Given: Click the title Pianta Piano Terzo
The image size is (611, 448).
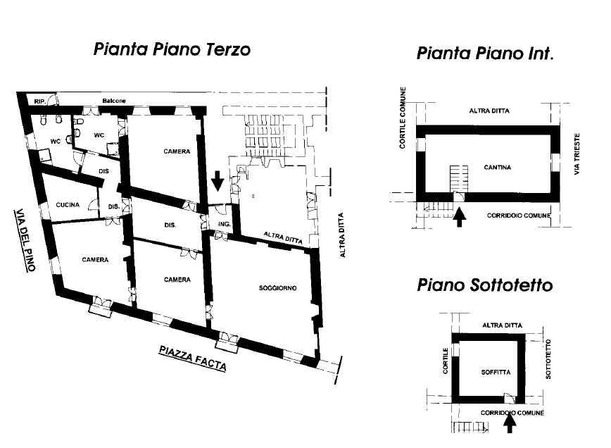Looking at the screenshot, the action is tap(172, 49).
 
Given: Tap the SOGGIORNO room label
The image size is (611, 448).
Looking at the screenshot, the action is tap(277, 288).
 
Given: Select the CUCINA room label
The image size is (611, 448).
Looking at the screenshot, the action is tap(68, 205).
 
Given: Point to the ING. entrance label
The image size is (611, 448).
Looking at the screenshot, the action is tap(224, 224).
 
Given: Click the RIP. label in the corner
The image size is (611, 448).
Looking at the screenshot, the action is tap(39, 101).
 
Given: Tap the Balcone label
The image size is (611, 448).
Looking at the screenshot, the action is tap(114, 101).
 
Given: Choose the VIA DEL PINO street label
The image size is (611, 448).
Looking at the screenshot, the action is tap(25, 239).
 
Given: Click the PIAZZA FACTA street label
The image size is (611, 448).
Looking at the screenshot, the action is tap(192, 359).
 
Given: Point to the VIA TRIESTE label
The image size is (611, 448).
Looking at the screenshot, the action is tap(577, 154).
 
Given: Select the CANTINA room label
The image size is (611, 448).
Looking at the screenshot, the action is tap(497, 167).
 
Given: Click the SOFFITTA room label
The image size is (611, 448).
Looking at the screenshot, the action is tap(496, 373).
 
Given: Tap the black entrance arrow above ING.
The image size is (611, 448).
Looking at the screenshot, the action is tap(218, 180).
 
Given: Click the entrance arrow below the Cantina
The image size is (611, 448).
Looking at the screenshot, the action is tap(460, 217).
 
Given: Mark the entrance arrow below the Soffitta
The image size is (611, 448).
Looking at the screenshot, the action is tap(510, 423).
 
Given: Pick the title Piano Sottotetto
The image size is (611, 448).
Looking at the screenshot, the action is tap(485, 285).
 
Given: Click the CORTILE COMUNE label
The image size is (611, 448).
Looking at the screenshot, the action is tap(403, 118).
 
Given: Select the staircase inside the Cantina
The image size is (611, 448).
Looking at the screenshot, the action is tap(459, 179).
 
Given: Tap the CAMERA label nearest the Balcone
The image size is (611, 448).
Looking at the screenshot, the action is tap(177, 151).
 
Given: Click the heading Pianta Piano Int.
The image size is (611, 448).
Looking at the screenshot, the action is tap(485, 53).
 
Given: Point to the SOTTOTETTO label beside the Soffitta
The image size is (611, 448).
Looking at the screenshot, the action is tap(548, 359).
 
